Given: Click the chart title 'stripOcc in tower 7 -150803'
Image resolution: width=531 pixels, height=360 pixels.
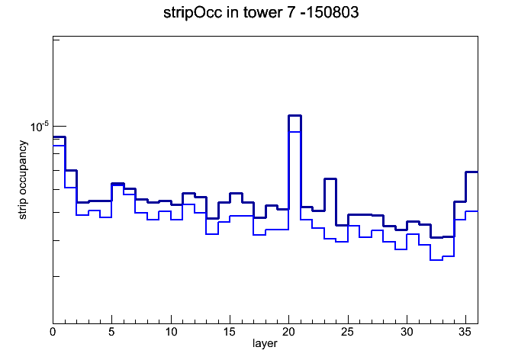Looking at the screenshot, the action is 261,12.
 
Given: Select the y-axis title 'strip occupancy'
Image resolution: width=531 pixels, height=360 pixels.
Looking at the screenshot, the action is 22,180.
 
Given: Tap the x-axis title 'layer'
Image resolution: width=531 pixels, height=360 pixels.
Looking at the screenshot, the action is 265,343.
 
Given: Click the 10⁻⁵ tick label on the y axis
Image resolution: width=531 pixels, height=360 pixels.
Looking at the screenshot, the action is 39,127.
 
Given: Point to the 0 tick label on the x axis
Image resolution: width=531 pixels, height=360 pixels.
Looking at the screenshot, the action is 53,332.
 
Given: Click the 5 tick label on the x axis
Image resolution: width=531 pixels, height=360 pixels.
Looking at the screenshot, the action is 111,332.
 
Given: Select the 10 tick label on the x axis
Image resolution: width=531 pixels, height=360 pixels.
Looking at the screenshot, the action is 171,332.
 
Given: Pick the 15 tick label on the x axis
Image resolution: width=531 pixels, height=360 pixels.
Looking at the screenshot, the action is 230,332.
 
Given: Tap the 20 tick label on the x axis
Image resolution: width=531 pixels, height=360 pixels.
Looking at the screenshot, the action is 288,332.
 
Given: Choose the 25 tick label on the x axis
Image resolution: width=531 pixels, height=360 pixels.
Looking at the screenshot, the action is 347,332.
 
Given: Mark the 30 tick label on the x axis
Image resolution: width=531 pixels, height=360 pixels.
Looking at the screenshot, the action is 407,332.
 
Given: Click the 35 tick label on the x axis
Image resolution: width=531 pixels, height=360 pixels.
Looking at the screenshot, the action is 465,332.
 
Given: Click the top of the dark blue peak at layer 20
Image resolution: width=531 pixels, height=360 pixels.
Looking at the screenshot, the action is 294,116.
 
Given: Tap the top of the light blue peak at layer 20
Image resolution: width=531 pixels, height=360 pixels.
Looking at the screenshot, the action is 294,132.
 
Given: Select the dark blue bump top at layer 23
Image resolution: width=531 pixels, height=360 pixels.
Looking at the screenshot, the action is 330,178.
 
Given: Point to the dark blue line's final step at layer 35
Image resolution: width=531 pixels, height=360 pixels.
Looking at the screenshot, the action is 471,172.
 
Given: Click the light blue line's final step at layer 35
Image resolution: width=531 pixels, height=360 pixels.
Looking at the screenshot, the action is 471,211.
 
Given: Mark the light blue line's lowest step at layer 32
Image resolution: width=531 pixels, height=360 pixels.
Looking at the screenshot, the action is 436,260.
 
